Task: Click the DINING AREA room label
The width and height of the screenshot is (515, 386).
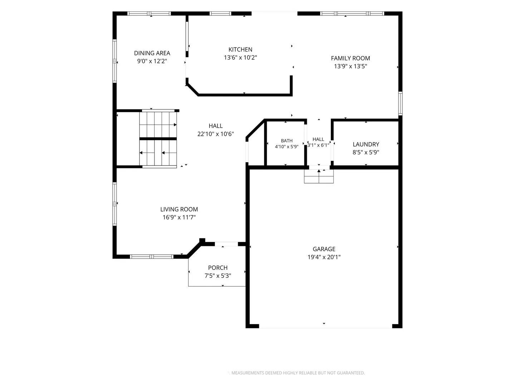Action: (152, 53)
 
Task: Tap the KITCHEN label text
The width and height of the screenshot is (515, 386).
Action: (240, 49)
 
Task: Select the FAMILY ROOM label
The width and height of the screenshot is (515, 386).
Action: (350, 58)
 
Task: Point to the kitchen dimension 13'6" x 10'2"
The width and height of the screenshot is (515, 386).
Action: (240, 58)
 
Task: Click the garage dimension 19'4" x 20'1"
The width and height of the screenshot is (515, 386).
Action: (324, 257)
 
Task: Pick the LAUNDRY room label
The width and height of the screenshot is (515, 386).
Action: (366, 144)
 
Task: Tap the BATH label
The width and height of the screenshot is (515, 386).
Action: (287, 140)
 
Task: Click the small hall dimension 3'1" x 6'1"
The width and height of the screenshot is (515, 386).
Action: (318, 145)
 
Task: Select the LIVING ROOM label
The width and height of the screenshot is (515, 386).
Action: (179, 209)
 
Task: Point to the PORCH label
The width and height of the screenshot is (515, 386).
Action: (218, 268)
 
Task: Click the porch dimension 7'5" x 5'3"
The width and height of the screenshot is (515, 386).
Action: (218, 276)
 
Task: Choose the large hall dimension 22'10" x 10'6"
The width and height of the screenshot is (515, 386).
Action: (215, 134)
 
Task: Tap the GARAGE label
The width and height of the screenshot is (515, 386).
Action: (324, 249)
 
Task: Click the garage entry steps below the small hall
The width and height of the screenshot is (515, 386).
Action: (319, 176)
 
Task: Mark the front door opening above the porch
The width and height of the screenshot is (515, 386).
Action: (226, 244)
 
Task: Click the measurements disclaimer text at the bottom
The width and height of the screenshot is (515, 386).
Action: (298, 373)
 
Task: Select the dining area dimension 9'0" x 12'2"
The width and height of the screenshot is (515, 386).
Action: (152, 61)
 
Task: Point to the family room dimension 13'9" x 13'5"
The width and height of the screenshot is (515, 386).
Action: (350, 66)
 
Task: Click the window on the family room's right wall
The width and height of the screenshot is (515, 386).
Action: (400, 103)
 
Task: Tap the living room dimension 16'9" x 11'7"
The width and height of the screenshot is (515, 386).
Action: (179, 217)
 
